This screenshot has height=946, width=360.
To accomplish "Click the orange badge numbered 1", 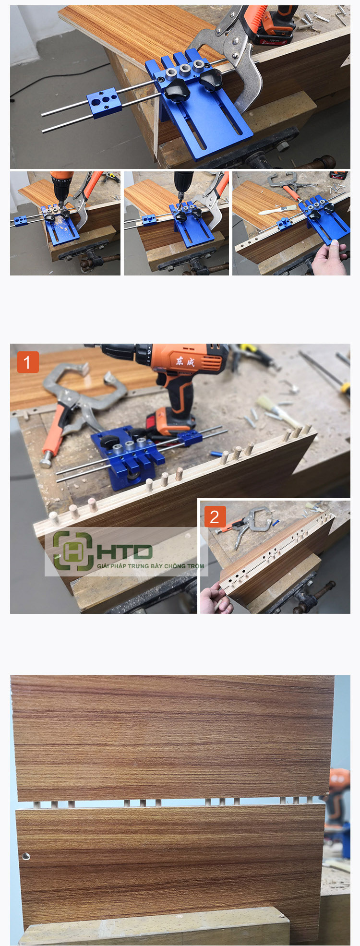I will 27,362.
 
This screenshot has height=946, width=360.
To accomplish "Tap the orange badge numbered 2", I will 215,516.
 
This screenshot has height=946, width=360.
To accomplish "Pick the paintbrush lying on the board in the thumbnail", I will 276,209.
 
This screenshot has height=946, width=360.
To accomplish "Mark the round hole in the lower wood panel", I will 25,856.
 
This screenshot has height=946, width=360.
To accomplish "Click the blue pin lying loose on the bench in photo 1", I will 217,453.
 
